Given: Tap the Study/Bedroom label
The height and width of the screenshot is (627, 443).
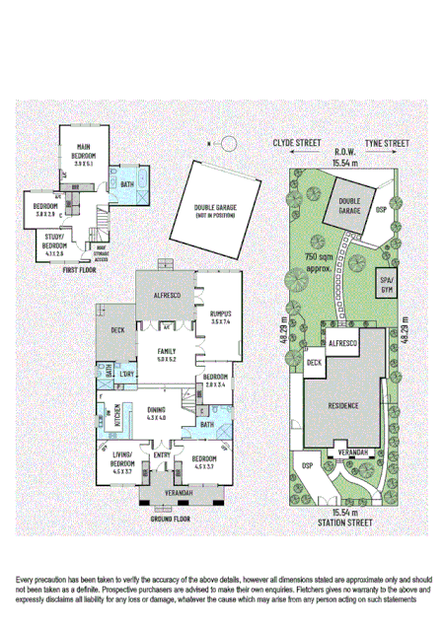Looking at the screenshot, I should click(x=54, y=240).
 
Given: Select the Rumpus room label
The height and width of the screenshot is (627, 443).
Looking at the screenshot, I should click(x=219, y=313).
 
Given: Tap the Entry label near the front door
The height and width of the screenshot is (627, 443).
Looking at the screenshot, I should click(x=161, y=454).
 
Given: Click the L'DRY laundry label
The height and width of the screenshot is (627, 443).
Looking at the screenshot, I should click(x=126, y=375).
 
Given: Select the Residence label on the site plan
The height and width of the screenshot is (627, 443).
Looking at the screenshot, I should click(x=343, y=406).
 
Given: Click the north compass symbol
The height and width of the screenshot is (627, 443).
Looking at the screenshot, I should click(x=226, y=144).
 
